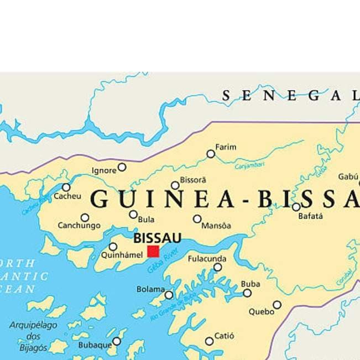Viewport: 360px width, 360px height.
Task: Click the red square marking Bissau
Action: click(153, 252)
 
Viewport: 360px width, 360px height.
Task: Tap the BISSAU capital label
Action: click(158, 238)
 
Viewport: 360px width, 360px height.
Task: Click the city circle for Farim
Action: click(211, 154)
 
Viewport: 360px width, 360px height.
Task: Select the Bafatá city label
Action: click(310, 216)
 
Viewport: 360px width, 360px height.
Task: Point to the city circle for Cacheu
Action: click(66, 187)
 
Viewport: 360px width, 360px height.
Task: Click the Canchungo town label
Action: click(79, 226)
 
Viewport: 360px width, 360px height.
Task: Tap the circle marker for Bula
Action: click(133, 215)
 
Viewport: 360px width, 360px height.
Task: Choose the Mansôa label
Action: click(216, 226)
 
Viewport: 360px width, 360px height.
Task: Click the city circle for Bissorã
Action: click(175, 185)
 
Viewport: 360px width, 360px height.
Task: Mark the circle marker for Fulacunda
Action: click(218, 267)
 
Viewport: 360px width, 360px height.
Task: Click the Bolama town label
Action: click(150, 289)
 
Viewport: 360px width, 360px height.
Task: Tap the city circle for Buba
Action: click(247, 293)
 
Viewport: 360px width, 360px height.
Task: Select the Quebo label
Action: click(261, 311)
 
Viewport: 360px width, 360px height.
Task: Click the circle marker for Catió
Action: click(209, 341)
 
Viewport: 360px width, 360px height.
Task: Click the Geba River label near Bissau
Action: click(160, 260)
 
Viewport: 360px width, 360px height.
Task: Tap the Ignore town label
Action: click(104, 170)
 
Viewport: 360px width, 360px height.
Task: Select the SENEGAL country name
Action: click(290, 95)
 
